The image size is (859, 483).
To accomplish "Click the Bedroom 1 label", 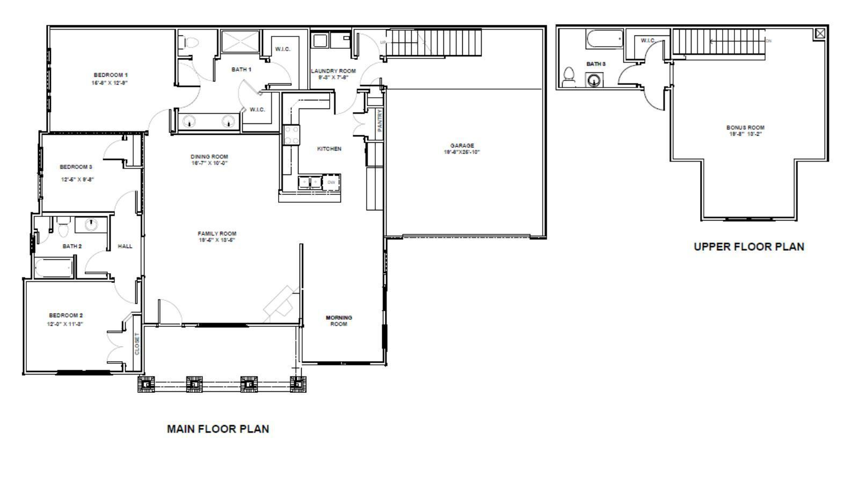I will (111, 75).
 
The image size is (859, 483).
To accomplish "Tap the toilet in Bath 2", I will (64, 228).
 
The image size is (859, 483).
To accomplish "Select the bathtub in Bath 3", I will (605, 39).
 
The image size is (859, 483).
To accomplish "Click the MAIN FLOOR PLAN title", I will (218, 429).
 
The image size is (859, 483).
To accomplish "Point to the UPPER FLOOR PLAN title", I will (749, 247).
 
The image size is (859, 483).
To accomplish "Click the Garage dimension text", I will (462, 152).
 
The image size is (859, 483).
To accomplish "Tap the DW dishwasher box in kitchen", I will (331, 182).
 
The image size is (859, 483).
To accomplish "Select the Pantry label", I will (380, 121).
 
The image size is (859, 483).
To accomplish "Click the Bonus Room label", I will (745, 128).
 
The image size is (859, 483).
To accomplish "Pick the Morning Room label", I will (339, 321).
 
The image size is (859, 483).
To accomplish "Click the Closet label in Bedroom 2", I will (137, 343).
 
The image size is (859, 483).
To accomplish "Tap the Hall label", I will (125, 246).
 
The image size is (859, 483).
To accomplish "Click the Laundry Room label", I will (333, 71).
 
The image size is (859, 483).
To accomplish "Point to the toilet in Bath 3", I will (569, 77).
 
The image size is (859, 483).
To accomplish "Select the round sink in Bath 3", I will (593, 81).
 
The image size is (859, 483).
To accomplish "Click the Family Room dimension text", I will (217, 240).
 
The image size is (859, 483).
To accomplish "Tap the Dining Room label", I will (209, 157).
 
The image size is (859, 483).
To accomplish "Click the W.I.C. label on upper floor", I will (647, 41).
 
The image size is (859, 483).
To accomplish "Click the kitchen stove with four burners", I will (292, 135).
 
